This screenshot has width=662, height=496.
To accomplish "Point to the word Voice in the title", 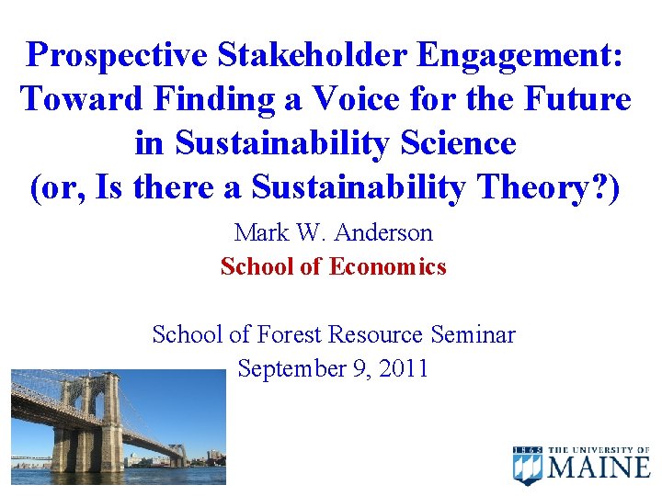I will pos(375,99).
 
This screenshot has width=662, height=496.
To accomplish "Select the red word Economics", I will pos(388,267).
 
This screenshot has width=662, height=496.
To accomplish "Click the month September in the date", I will pos(292,368).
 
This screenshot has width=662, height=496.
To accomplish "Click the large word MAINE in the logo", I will pos(599,468).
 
